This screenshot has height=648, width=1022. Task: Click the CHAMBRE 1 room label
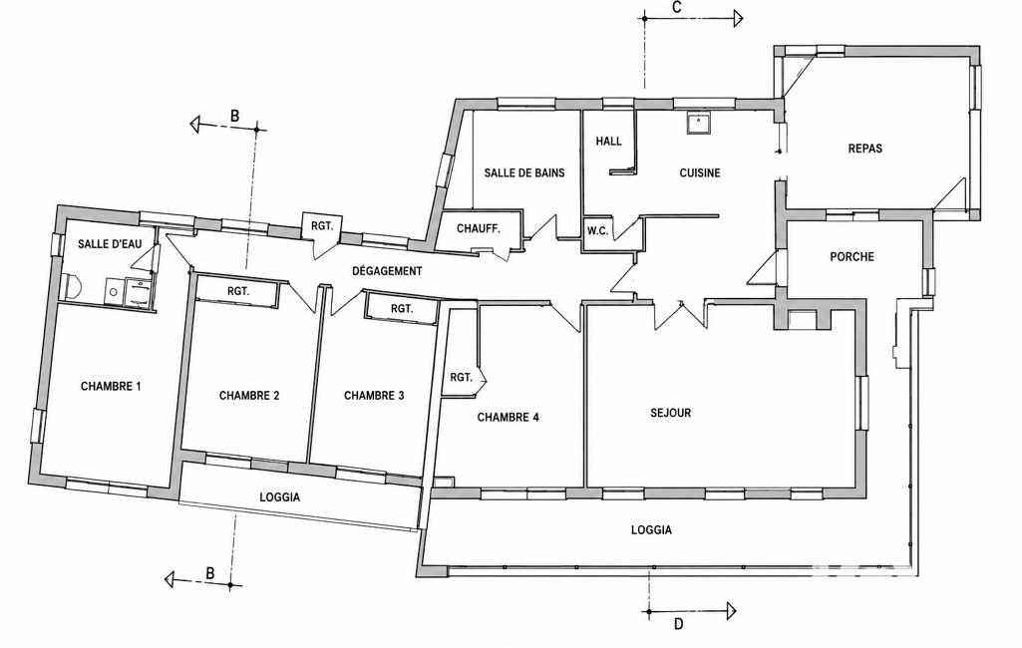coord(111,386)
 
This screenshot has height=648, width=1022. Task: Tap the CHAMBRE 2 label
coord(249,395)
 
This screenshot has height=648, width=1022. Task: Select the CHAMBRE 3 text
coord(374,395)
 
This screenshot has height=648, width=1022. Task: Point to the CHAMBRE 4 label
coord(509,418)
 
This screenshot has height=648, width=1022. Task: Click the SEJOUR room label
coord(671,413)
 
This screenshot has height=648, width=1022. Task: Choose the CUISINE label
coord(700,172)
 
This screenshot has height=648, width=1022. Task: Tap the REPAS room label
coord(865,149)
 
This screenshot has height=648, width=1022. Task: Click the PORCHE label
coord(852,257)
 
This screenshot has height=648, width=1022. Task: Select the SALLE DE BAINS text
coord(524,172)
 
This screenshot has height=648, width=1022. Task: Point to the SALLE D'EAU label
coord(110,244)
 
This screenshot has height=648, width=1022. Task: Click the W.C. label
coord(597,230)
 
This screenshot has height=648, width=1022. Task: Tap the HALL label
coord(609,141)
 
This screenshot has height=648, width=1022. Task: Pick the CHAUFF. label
coord(479,229)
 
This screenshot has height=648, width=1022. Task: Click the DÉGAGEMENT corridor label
coord(387,271)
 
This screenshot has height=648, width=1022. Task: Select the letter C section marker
coord(677,7)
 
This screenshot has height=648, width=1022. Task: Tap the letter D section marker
coord(679,624)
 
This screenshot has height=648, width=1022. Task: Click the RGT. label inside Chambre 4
coord(461,377)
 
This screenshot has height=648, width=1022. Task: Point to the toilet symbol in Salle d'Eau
coord(73,287)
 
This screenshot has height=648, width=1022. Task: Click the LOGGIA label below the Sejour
coord(651,530)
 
